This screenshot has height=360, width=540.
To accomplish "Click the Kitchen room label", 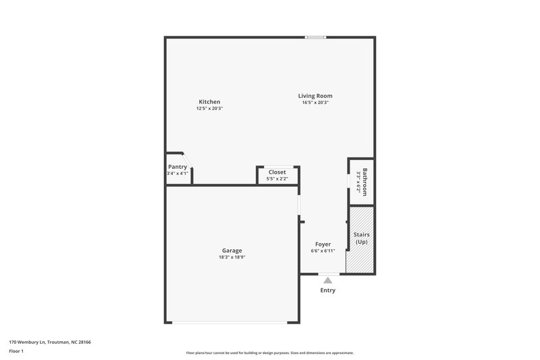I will (x=209, y=102).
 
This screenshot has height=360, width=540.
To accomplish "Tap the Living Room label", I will (x=315, y=96).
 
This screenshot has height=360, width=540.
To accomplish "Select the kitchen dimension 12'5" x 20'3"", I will (x=209, y=109).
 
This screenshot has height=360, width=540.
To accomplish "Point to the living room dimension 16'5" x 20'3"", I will (x=315, y=103).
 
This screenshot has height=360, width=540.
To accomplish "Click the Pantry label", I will (x=178, y=167).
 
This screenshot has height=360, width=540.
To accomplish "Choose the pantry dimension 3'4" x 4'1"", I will (x=178, y=174).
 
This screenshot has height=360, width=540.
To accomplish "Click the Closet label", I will (x=277, y=172).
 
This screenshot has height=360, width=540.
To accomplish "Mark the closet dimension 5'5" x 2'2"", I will (x=277, y=178).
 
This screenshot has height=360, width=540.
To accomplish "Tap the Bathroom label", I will (x=365, y=181).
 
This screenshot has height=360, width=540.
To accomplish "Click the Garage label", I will (x=231, y=251).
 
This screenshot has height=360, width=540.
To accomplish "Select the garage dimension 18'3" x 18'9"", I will (x=231, y=257).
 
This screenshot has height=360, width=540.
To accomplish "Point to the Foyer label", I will (x=323, y=244).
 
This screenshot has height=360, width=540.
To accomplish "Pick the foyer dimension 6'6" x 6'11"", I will (x=323, y=251).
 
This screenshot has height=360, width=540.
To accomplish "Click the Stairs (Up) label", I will (x=362, y=238).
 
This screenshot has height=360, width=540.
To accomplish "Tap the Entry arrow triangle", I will (x=327, y=280).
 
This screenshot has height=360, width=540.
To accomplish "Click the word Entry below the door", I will (x=327, y=290).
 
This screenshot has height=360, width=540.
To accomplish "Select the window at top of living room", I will (x=315, y=37).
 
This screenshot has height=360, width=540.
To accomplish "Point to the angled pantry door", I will (x=188, y=159).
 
